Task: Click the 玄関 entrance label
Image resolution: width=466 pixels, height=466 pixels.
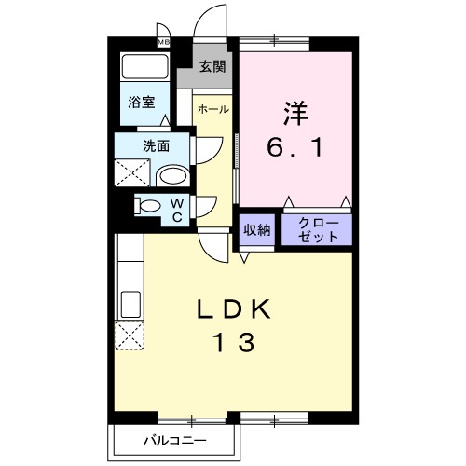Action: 212,66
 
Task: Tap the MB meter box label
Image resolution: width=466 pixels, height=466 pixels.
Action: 163,42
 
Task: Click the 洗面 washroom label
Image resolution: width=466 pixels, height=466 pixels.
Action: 156,145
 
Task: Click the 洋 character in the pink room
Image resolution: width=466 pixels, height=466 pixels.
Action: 295,113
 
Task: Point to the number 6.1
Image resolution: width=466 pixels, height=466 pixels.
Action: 295,147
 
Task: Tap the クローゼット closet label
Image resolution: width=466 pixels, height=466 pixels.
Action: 317,230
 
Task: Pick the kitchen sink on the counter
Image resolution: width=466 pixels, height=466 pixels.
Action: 129,303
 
